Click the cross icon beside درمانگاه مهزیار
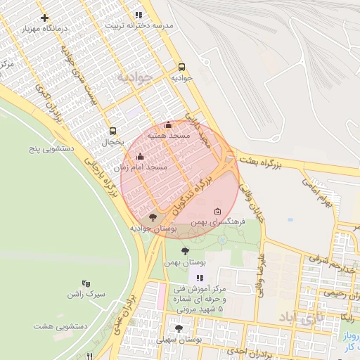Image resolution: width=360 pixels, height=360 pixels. tap(45, 18)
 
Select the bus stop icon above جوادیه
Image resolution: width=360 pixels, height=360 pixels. tap(182, 67)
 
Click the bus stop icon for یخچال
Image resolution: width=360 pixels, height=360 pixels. tap(113, 131)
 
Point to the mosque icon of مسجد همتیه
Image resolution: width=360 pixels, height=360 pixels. tap(167, 124)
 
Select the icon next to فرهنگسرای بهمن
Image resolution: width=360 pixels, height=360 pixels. tap(217, 211)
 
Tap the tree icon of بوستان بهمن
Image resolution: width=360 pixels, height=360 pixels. tap(185, 251)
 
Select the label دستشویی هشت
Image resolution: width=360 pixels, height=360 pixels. tap(59, 327)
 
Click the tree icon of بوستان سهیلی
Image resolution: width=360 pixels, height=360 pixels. tap(179, 328)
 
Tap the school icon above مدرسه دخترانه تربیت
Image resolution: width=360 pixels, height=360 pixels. tap(139, 14)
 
